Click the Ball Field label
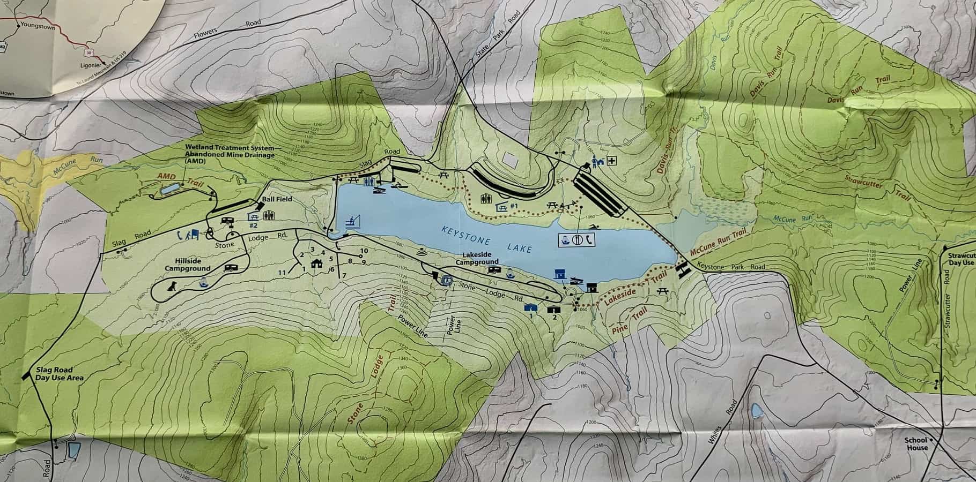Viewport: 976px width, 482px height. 275,199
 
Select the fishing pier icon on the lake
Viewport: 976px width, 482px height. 353,221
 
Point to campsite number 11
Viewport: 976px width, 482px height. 282,273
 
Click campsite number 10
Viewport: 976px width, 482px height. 364,251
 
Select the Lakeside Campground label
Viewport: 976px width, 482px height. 477,258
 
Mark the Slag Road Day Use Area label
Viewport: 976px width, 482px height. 60,374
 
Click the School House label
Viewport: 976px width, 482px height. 916,444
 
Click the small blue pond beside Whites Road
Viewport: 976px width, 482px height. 756,411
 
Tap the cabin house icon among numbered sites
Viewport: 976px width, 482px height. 316,262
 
